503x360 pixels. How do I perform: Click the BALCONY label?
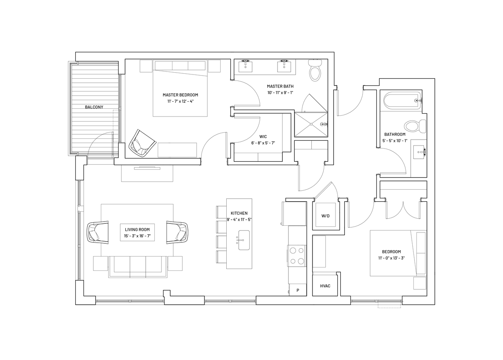[94, 107]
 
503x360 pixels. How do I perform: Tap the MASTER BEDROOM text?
[180, 95]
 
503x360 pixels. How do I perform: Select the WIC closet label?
[263, 137]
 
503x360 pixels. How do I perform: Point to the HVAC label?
[325, 286]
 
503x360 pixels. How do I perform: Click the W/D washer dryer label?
[325, 216]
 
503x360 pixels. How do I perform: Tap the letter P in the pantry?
[298, 290]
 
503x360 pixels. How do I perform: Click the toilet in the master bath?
[315, 70]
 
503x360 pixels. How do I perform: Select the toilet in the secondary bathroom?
[415, 126]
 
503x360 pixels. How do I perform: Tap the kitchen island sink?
[244, 240]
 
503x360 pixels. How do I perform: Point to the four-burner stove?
[297, 256]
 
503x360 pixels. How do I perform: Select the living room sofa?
[138, 267]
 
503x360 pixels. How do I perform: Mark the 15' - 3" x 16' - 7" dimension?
[137, 236]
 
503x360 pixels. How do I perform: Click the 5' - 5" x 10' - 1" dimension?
[395, 141]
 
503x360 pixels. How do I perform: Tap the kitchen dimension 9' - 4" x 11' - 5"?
[239, 220]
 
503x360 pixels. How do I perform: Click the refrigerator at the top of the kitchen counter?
[294, 214]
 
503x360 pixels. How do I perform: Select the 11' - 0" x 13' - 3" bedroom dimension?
[392, 258]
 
